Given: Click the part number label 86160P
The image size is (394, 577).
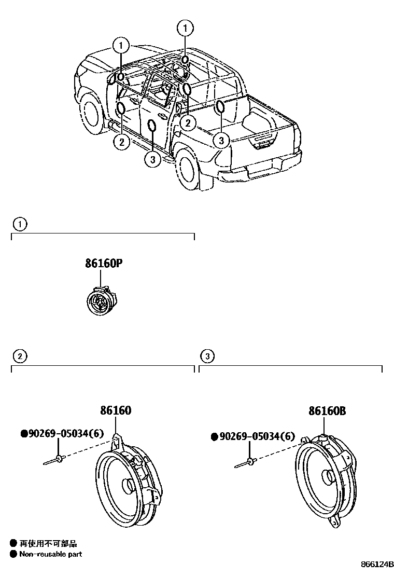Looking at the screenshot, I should pos(104,264).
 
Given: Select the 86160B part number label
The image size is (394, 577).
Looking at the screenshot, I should pos(327,411).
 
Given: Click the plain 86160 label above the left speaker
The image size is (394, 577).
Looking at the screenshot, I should pos(116,411).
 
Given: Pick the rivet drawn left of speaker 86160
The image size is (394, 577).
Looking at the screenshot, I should pos(54,459).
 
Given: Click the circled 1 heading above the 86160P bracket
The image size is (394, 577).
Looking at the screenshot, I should pos(19,224).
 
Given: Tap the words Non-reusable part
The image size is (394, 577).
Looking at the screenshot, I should pos(50,554).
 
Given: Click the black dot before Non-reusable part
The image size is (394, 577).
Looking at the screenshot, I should pos(13,554).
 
